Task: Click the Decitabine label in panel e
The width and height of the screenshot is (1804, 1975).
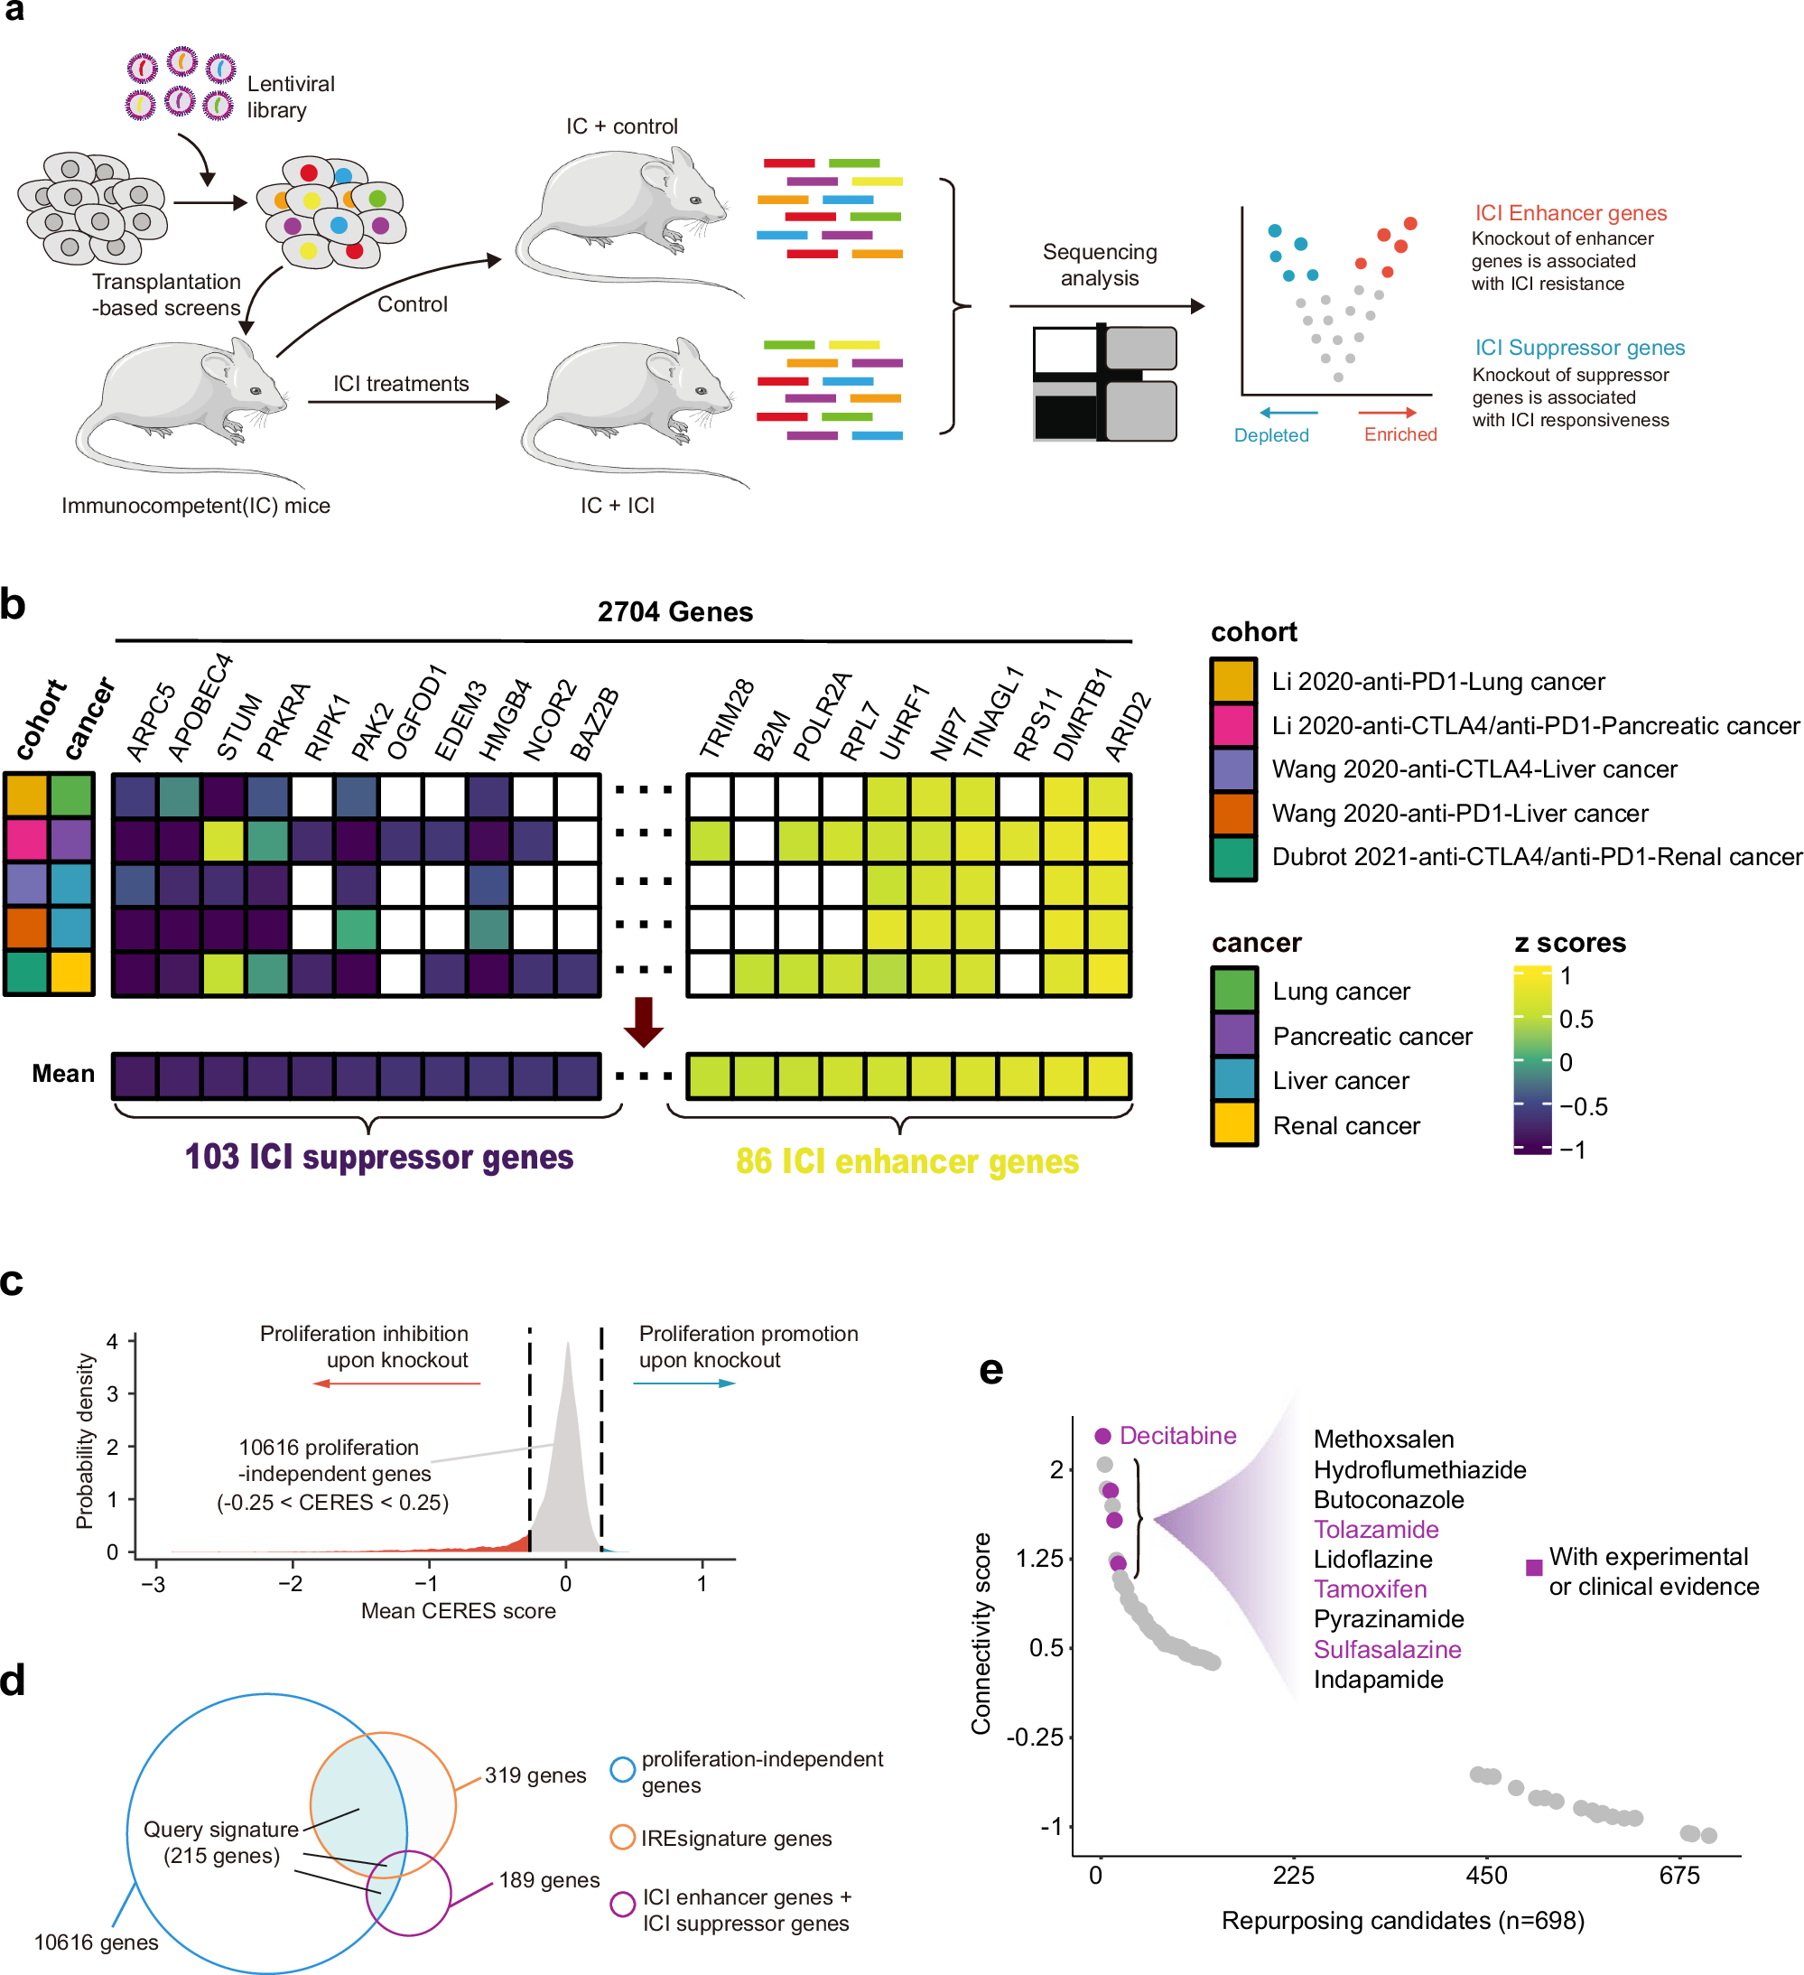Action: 1176,1435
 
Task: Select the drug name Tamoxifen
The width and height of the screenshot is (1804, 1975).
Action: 1369,1589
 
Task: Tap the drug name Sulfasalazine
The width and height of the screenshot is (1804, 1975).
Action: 1387,1650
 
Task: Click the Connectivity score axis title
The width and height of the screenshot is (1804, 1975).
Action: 981,1634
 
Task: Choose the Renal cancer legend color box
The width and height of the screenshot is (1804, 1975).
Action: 1234,1124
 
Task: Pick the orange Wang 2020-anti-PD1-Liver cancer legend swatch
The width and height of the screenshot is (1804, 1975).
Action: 1233,813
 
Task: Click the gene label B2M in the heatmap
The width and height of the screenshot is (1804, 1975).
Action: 772,735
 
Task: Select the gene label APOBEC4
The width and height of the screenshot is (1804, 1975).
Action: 200,707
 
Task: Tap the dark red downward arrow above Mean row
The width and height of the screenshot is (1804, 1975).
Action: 644,1021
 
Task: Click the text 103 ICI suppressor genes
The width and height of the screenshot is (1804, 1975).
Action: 379,1157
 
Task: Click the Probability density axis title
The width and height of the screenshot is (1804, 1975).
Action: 85,1441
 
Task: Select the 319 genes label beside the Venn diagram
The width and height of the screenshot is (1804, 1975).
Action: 535,1775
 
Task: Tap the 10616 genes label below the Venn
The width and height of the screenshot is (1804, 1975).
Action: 96,1942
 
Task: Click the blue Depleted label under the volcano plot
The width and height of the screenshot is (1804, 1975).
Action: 1270,435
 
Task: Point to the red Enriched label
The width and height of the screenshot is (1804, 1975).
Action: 1399,434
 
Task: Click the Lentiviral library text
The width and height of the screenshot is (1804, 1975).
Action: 290,97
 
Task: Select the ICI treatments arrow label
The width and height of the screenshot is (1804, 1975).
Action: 401,383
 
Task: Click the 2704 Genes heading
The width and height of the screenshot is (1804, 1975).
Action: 674,612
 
